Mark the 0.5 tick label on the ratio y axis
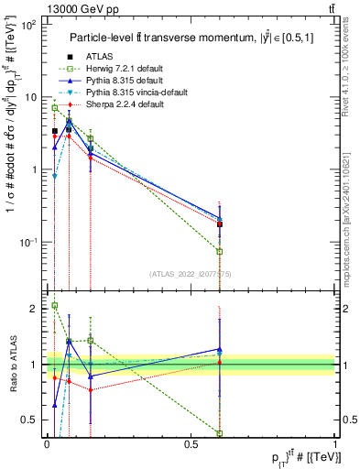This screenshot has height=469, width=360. pos(32,420)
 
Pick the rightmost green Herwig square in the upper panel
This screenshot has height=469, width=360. pos(220,251)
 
